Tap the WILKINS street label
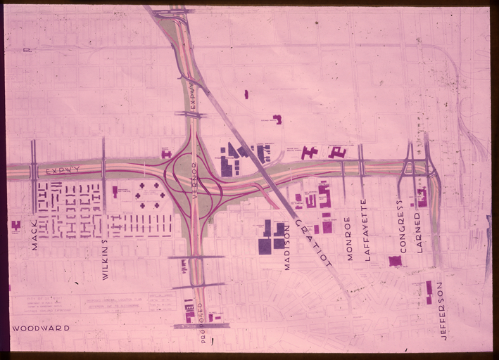pos(105,259)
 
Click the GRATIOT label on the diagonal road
pos(312,242)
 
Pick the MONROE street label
pos(348,239)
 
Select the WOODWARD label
pos(41,328)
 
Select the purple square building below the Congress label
pos(395,261)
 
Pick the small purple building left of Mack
pos(15,225)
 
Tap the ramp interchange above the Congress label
pos(408,167)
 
